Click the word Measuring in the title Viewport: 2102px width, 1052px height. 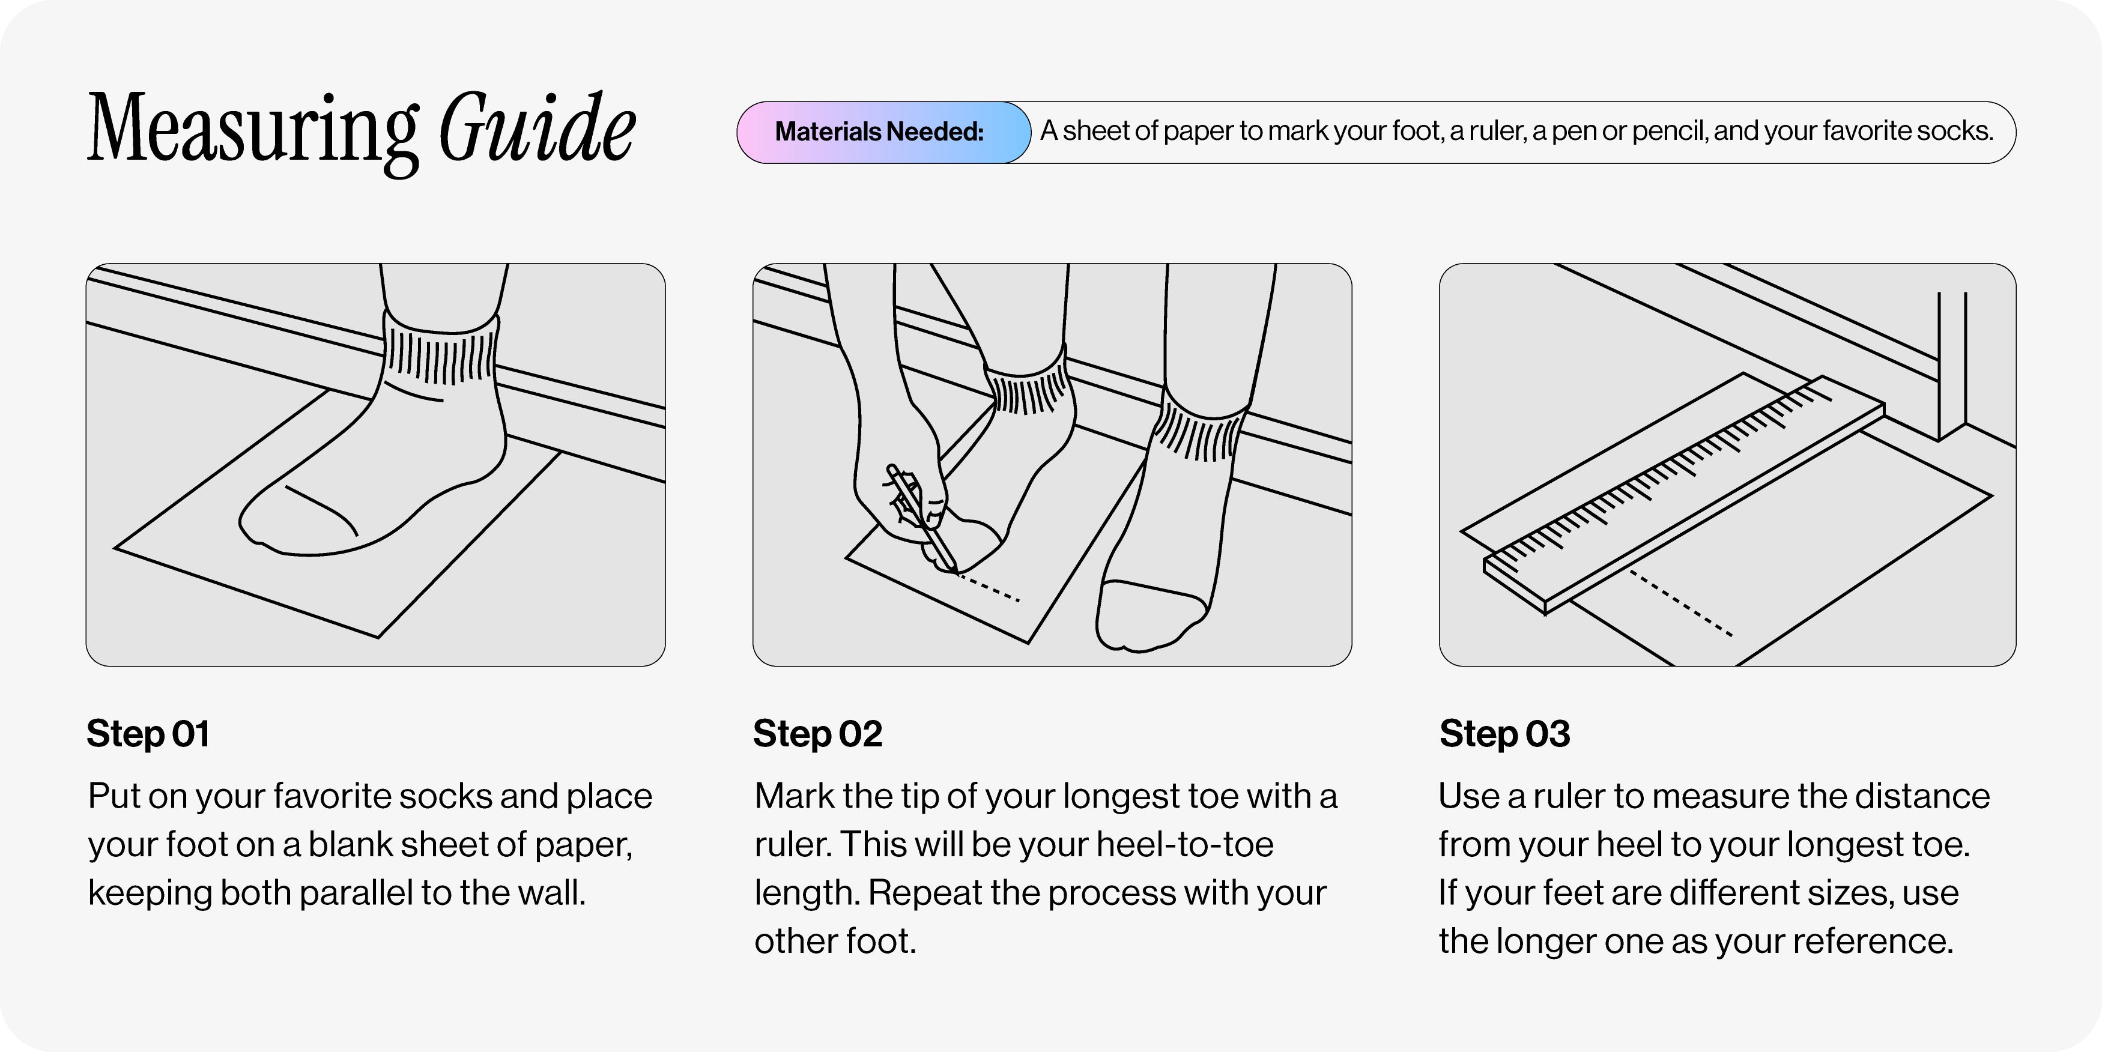pyautogui.click(x=253, y=130)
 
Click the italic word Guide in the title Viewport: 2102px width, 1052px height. pyautogui.click(x=537, y=127)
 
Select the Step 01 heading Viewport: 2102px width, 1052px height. pyautogui.click(x=148, y=734)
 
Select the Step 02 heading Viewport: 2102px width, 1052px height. pyautogui.click(x=817, y=734)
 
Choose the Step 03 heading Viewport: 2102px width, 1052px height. pyautogui.click(x=1504, y=734)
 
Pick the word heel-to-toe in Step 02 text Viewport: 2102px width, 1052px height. pyautogui.click(x=1185, y=845)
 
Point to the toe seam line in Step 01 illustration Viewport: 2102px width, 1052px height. pyautogui.click(x=321, y=510)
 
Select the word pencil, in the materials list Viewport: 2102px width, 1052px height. pyautogui.click(x=1666, y=132)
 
